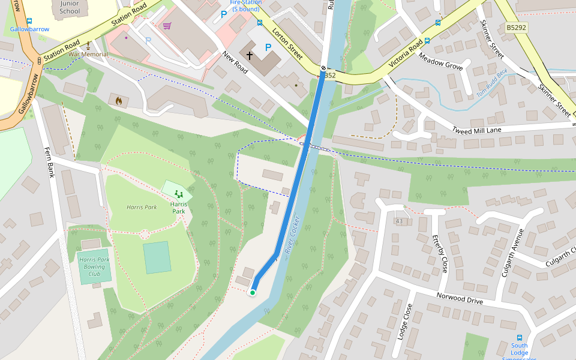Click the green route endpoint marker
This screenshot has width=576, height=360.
click(x=253, y=293)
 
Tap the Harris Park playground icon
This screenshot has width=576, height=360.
click(x=178, y=193)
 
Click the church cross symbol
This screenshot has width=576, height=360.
click(x=249, y=55)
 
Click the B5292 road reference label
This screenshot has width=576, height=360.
click(x=516, y=28)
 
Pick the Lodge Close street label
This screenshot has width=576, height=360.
click(x=404, y=322)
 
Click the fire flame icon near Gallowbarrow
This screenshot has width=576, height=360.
click(x=118, y=101)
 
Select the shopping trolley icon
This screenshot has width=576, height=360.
click(x=167, y=26)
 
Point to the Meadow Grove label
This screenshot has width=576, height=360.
click(x=440, y=62)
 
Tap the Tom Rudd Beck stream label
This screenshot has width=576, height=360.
click(x=492, y=90)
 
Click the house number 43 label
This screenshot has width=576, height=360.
click(x=399, y=221)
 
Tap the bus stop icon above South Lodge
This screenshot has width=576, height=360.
click(x=520, y=338)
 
